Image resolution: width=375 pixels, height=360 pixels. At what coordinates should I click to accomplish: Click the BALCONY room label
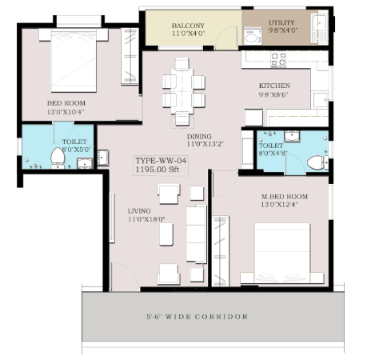click(188, 26)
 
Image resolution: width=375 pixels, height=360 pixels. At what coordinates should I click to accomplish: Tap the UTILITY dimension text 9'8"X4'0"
click(283, 30)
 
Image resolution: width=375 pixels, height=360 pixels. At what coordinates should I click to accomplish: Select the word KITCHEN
click(274, 86)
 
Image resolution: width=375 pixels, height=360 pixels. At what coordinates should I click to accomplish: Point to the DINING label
click(199, 137)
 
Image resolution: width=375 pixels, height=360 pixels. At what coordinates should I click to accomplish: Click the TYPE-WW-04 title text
click(161, 161)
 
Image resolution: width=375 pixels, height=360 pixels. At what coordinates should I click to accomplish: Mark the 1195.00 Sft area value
click(158, 170)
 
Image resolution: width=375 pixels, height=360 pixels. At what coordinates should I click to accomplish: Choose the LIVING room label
click(139, 211)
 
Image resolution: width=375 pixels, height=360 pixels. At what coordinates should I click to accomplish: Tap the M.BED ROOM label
click(285, 197)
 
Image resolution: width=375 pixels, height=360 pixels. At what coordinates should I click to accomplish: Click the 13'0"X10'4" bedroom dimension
click(66, 112)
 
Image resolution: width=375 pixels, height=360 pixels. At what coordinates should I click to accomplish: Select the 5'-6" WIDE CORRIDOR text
click(197, 317)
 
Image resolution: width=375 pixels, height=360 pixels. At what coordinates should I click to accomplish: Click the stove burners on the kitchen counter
click(278, 59)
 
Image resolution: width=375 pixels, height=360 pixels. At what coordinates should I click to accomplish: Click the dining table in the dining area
click(182, 91)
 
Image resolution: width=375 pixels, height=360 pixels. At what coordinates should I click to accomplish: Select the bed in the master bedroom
click(282, 253)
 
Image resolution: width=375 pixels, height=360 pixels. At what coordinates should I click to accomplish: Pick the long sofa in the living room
click(197, 234)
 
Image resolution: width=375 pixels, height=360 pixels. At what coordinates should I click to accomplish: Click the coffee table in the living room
click(166, 234)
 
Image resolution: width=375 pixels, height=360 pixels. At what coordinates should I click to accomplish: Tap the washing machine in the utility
click(253, 37)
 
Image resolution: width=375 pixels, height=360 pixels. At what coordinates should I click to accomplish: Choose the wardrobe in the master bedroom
click(221, 251)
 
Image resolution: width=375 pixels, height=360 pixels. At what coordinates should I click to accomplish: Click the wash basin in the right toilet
click(292, 136)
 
